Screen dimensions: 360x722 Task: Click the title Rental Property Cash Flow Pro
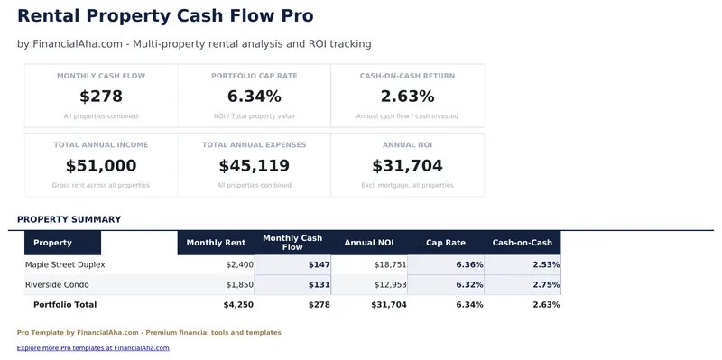tap(165, 16)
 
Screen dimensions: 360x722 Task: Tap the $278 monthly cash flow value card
tap(101, 97)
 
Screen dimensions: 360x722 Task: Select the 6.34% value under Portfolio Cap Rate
tap(255, 97)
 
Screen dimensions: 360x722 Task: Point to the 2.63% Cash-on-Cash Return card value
tap(407, 97)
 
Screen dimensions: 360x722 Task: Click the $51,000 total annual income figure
tap(101, 166)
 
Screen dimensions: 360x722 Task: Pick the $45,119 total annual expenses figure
tap(255, 166)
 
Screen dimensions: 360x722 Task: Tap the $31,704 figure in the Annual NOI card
tap(407, 166)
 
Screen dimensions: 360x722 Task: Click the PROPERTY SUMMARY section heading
tap(69, 219)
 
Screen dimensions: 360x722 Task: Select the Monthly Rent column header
tap(216, 243)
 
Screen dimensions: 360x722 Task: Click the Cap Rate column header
tap(446, 243)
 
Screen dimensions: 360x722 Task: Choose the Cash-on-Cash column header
tap(523, 243)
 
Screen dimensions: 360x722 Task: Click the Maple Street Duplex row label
tap(65, 264)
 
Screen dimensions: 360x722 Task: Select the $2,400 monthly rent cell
tap(239, 264)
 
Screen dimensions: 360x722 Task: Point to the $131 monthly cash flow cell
tap(319, 284)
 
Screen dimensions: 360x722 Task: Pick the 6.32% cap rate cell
tap(469, 284)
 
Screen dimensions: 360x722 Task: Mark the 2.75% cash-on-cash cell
tap(546, 284)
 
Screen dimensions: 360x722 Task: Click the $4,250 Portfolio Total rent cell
tap(237, 305)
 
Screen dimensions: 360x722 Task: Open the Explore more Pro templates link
tap(93, 347)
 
